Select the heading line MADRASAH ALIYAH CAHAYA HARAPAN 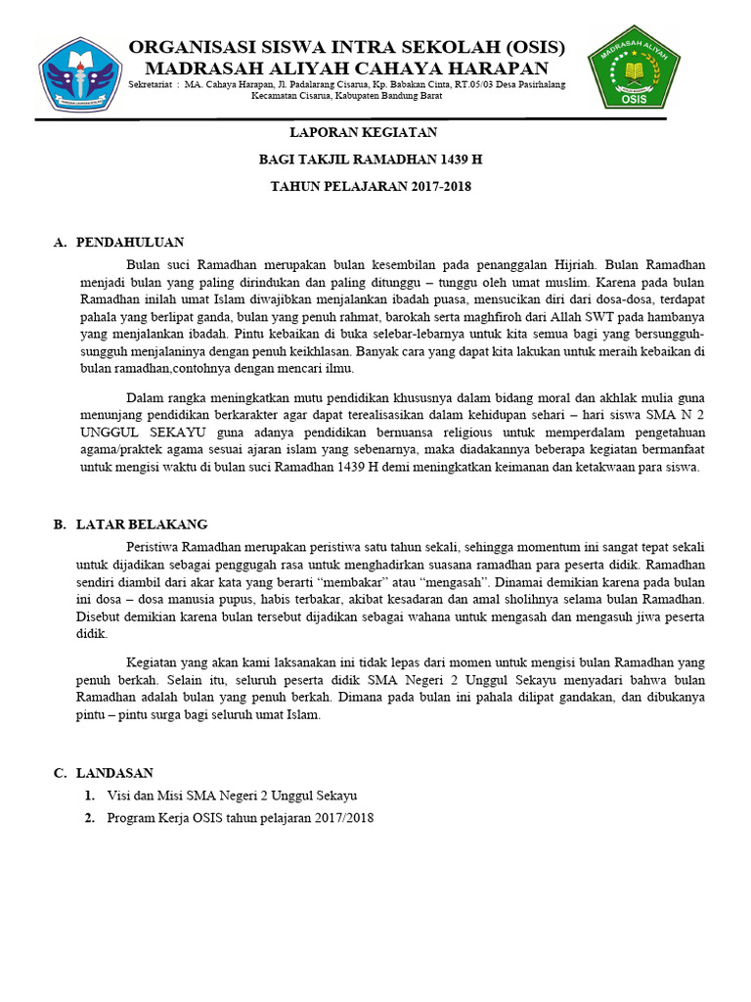(346, 68)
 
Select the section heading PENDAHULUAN (130, 242)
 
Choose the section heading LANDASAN (114, 773)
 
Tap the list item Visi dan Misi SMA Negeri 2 (233, 796)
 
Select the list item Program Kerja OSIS (241, 818)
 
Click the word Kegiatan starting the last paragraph (156, 662)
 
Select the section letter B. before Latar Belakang (59, 524)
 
